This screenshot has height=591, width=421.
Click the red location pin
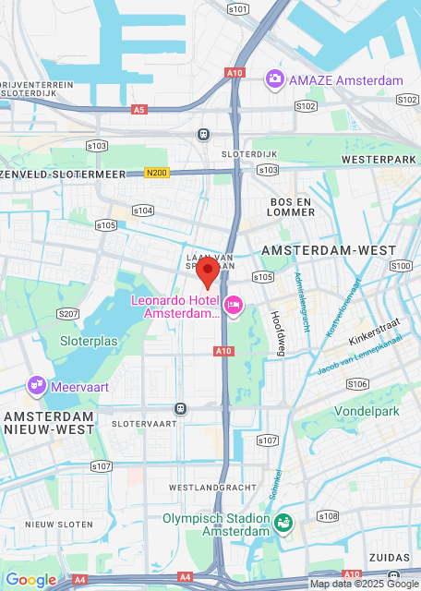click(x=208, y=272)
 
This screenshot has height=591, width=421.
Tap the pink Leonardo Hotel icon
click(x=233, y=303)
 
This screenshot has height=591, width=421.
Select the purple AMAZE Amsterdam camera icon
click(x=274, y=79)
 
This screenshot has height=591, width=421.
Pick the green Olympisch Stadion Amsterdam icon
click(x=284, y=524)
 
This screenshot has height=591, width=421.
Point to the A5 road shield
click(x=138, y=109)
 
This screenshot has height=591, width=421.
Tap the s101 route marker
click(x=237, y=9)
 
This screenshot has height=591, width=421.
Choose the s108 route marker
click(x=328, y=515)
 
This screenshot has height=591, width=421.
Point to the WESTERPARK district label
click(x=374, y=160)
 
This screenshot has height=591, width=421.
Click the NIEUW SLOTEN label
click(x=59, y=524)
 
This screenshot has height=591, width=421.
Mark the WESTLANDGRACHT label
click(x=211, y=486)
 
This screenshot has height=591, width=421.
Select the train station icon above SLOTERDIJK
click(x=203, y=134)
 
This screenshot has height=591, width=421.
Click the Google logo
click(x=30, y=579)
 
